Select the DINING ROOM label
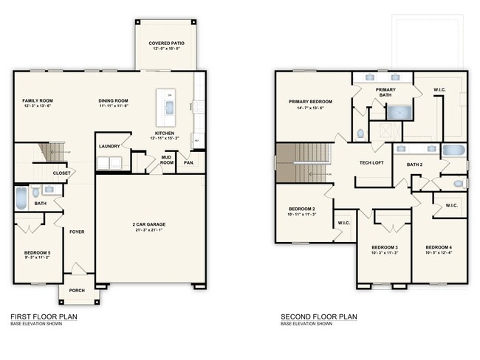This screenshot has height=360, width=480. click(x=114, y=100)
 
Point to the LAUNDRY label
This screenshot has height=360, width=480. click(x=109, y=146)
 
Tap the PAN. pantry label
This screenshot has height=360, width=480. click(x=188, y=162)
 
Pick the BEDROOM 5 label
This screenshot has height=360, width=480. click(x=36, y=253)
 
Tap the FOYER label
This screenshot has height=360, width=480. click(x=77, y=232)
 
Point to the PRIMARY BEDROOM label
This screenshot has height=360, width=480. click(x=310, y=102)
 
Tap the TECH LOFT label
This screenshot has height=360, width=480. click(x=371, y=163)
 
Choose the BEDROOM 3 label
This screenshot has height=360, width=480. click(x=385, y=247)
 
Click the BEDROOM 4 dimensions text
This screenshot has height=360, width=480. click(x=439, y=253)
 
